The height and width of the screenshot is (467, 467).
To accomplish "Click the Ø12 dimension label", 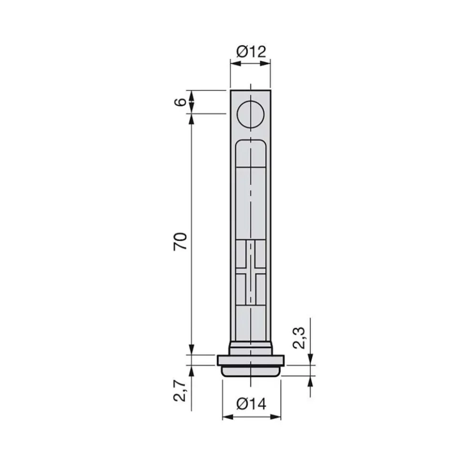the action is pos(251,51).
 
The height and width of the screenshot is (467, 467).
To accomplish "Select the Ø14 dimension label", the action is pos(251,404).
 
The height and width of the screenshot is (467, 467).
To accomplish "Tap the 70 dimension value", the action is pos(181,241).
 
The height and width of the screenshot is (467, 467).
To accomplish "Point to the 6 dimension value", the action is pos(181,102).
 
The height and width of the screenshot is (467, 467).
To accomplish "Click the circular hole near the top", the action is pos(251,115).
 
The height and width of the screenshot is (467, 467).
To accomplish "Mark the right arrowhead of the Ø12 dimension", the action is pos(265,63).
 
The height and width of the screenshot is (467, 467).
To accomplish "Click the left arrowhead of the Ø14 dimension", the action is pos(228,417).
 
